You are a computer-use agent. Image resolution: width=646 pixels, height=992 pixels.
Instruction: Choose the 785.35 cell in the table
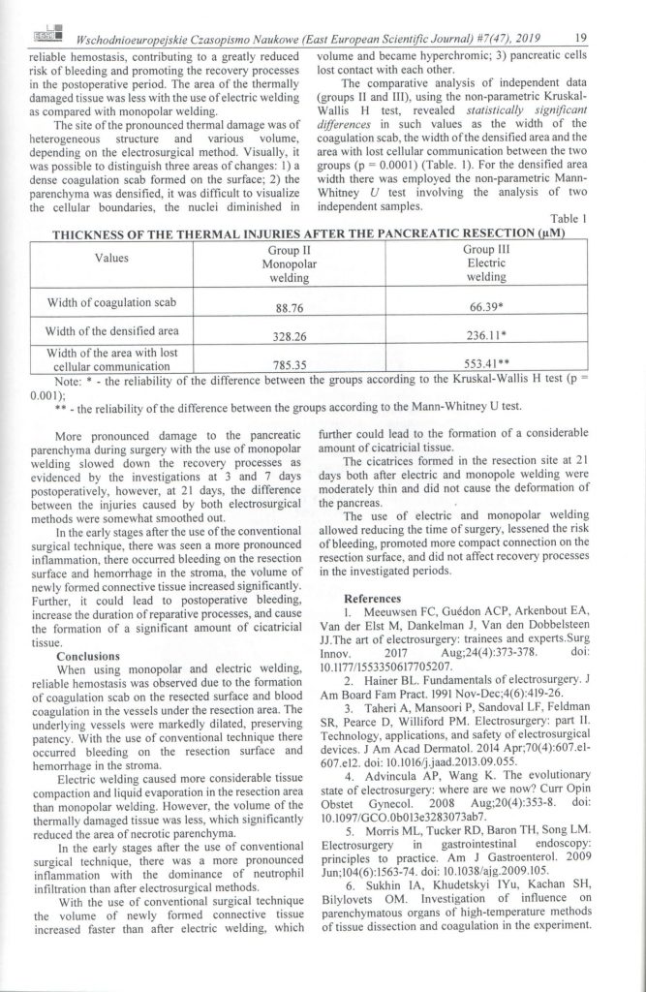click(x=284, y=366)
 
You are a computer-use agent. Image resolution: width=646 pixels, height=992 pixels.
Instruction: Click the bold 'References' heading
click(x=375, y=599)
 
